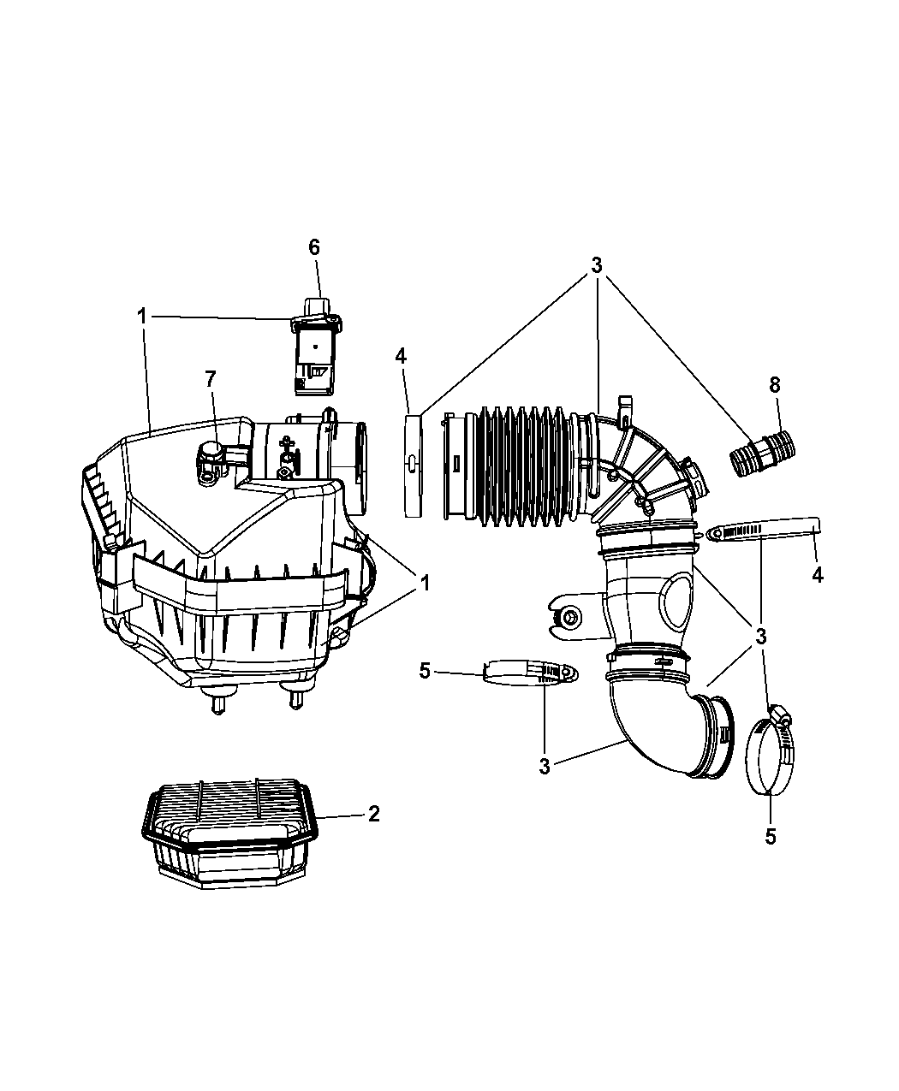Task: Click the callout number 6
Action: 314,247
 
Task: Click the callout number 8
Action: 774,385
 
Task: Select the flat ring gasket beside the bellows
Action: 414,465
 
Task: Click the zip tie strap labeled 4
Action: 762,530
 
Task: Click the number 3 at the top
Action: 596,265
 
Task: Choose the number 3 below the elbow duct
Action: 545,766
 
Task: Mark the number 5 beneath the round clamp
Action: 770,837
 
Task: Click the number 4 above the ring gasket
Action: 401,354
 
